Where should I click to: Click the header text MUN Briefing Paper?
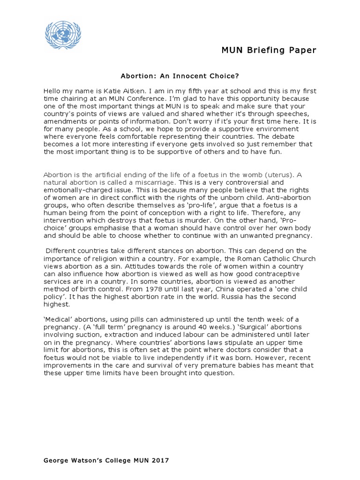click(269, 51)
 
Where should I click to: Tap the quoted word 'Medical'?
click(59, 319)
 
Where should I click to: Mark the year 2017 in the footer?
click(160, 461)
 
